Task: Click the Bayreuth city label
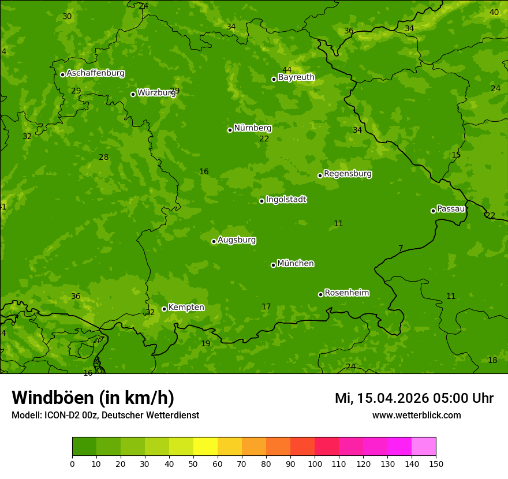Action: pos(296,77)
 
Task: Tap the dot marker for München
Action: pos(273,265)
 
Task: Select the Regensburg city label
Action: pos(348,174)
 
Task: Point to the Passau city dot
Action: pos(433,211)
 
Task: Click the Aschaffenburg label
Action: pos(95,73)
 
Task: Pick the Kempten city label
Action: pos(186,308)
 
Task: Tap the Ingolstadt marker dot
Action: pos(262,201)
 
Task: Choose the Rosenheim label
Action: pos(346,293)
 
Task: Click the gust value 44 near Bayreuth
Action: pos(287,70)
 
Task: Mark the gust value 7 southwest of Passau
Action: pos(401,249)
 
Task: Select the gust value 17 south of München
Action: pos(266,307)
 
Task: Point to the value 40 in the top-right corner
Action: pos(494,12)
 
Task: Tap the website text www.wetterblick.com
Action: pos(416,416)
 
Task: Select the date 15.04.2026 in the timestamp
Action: pos(393,398)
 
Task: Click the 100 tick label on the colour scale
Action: pos(315,463)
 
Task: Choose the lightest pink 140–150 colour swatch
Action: pos(424,447)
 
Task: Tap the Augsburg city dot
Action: pos(214,241)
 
